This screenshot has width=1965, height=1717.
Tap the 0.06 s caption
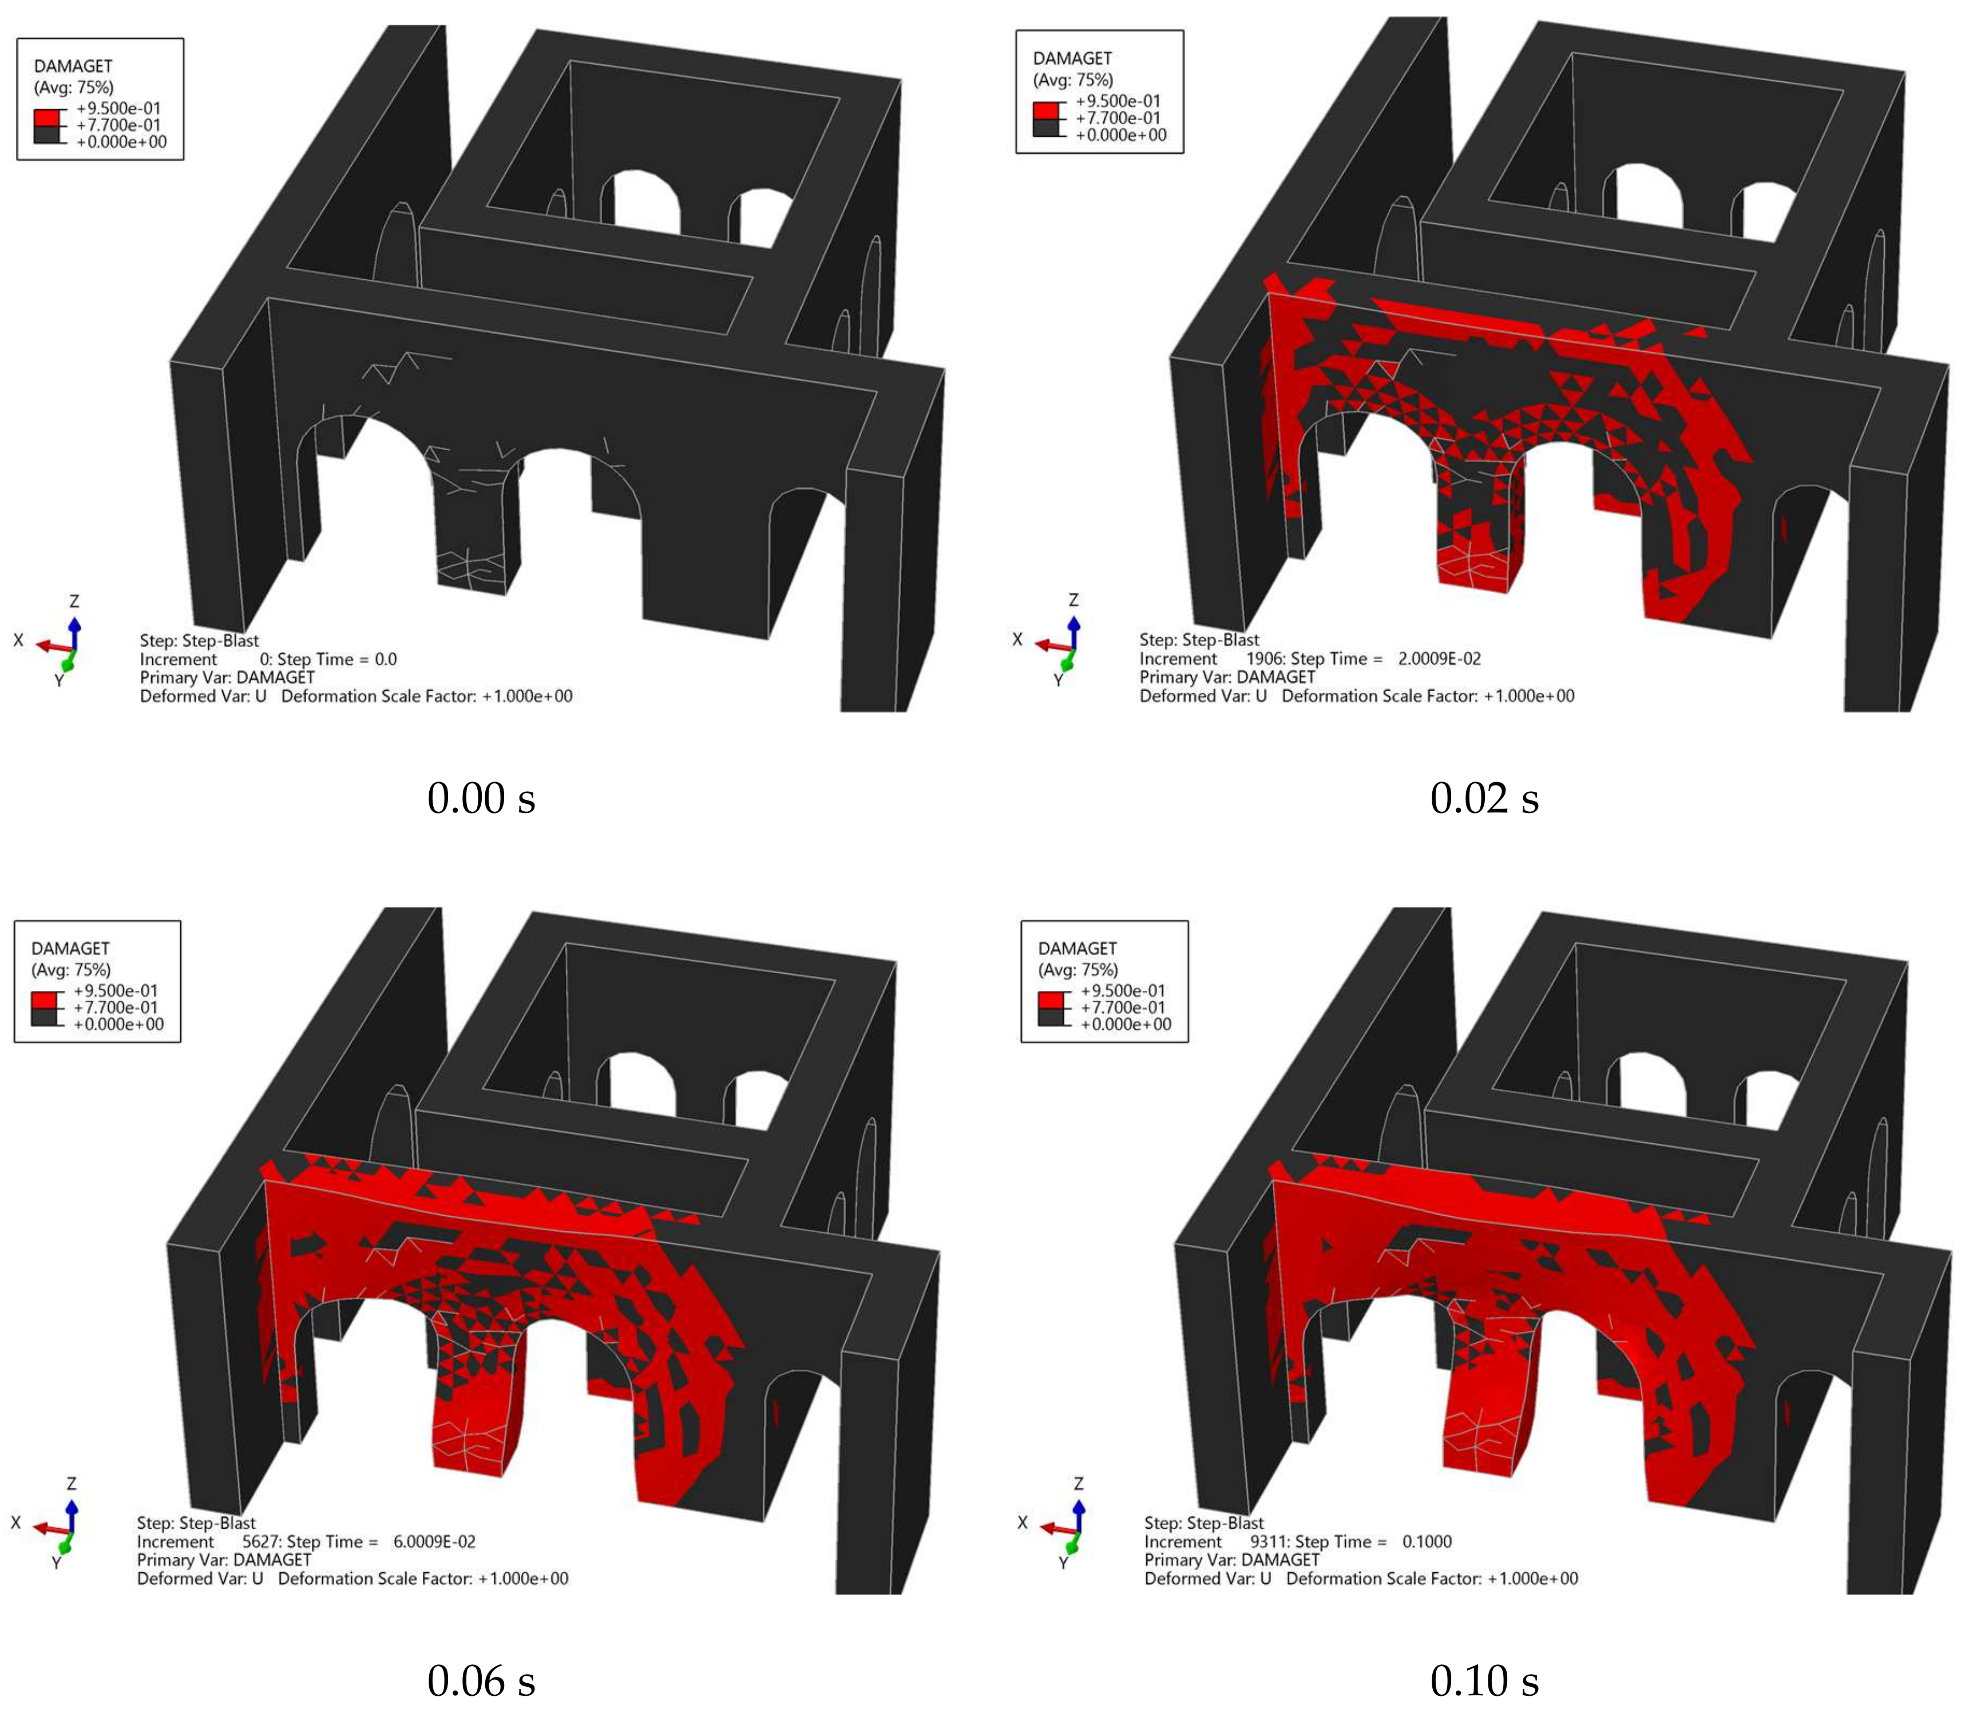(481, 1680)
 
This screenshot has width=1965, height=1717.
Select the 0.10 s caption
(1484, 1680)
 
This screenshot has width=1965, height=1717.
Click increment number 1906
(1265, 658)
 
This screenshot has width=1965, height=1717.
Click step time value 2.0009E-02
(1439, 658)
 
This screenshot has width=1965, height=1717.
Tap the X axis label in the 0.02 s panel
(1017, 639)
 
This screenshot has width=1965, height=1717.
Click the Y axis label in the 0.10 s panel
(1063, 1563)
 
